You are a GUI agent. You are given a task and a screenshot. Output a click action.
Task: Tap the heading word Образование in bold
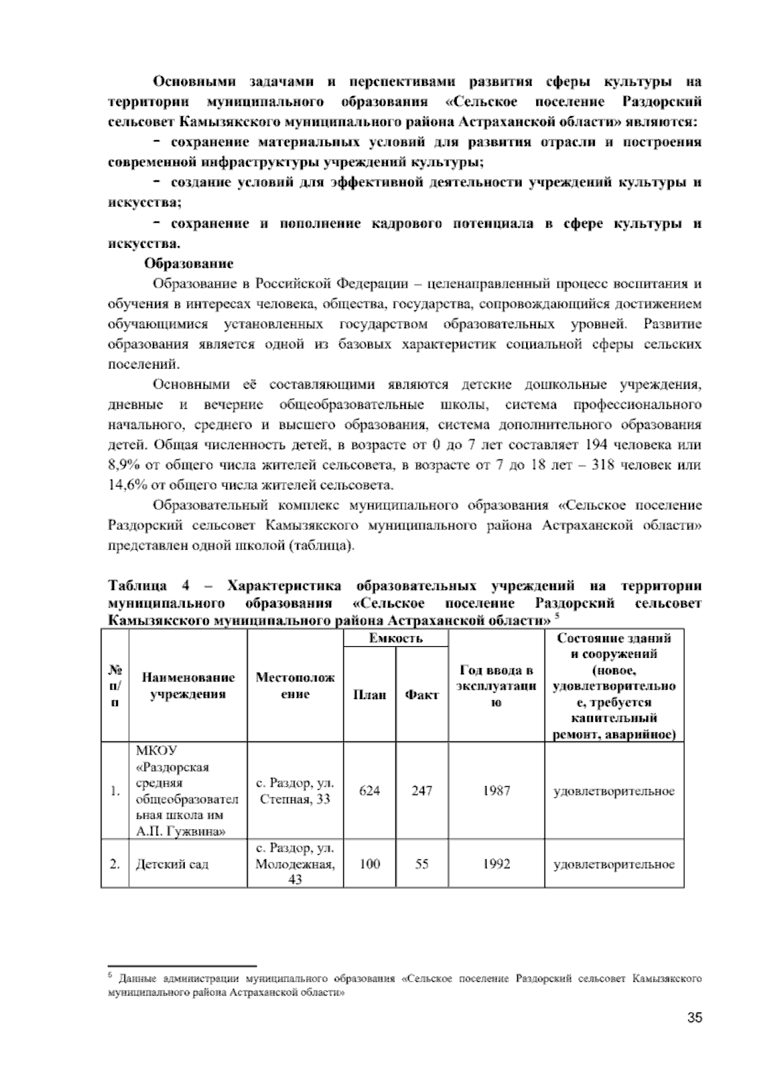[189, 263]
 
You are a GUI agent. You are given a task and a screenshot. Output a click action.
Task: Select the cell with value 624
[370, 791]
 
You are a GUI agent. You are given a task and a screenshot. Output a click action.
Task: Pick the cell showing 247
[422, 791]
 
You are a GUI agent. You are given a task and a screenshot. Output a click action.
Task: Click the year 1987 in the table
[496, 791]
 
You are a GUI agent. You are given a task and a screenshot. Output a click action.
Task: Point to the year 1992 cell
[496, 864]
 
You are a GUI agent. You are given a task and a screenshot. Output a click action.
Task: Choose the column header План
[370, 695]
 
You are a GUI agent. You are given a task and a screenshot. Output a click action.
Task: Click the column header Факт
[422, 695]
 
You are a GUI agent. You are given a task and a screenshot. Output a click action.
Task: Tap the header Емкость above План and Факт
[396, 638]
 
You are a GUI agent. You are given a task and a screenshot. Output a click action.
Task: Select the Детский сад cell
[172, 864]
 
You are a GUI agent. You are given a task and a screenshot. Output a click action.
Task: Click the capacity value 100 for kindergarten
[370, 864]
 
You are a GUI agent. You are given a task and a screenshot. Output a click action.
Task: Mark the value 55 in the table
[422, 864]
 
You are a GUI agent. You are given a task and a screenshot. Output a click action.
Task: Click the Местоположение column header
[295, 686]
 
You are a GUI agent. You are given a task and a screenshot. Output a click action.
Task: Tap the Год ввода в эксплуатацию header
[496, 686]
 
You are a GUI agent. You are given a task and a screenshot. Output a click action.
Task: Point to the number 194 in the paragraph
[597, 445]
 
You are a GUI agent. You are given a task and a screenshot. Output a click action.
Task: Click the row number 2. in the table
[114, 864]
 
